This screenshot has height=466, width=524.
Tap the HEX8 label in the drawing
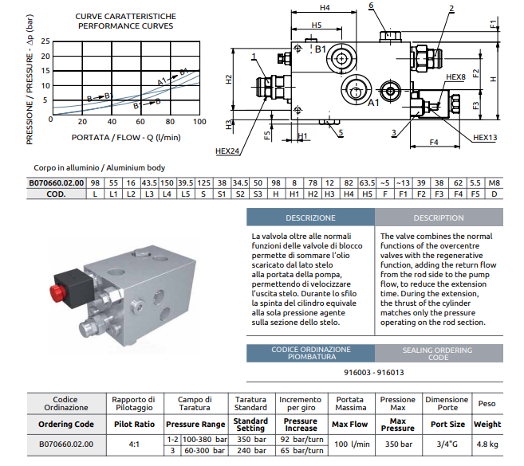click(455, 77)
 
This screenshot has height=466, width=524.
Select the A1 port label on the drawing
click(372, 102)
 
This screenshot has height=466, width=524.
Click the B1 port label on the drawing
click(321, 49)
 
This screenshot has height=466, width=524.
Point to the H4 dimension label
click(324, 8)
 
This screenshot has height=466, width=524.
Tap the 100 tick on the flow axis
click(199, 121)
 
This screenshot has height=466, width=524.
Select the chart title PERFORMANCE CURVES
click(126, 25)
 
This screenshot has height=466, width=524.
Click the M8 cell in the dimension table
click(494, 182)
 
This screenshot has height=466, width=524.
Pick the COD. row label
click(56, 194)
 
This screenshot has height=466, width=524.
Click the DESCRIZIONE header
click(310, 217)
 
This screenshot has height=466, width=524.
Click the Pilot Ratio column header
click(134, 425)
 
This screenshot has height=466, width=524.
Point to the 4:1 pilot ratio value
click(134, 444)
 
